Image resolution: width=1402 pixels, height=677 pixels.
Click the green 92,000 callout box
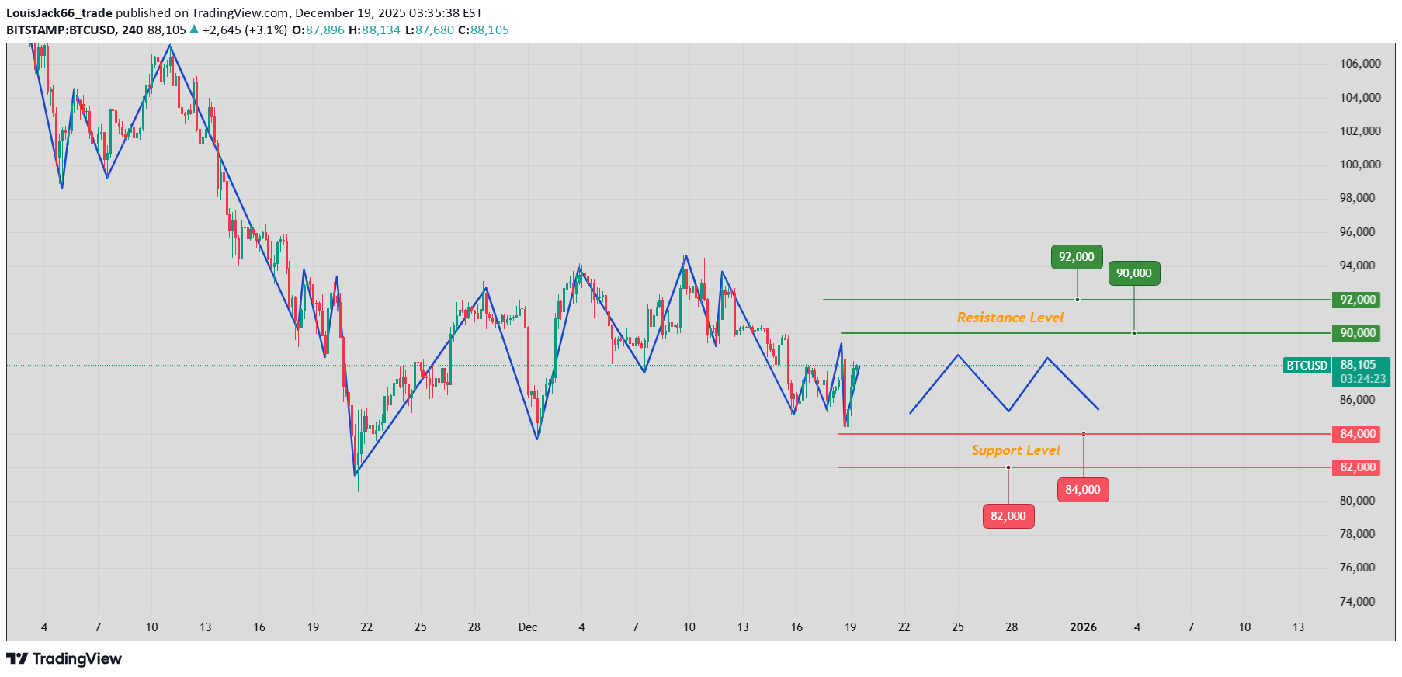click(1077, 257)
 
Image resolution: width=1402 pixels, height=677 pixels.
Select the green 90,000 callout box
click(1134, 273)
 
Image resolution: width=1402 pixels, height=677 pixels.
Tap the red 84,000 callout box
click(1083, 490)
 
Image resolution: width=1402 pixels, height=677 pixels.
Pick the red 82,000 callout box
click(1008, 516)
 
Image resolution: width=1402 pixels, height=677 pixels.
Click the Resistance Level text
click(1010, 318)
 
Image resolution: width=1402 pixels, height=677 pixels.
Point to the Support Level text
click(1015, 450)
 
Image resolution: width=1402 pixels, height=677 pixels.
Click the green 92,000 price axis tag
click(1357, 300)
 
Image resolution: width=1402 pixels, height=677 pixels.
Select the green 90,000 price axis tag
click(1357, 333)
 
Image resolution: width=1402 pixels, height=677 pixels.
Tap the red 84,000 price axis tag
click(1357, 434)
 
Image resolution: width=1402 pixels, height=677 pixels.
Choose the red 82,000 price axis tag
click(1357, 467)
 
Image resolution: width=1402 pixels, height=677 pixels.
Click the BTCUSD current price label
click(1307, 366)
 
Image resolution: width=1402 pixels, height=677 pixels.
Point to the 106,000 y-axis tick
click(1360, 64)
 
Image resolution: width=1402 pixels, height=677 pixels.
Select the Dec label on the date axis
click(528, 627)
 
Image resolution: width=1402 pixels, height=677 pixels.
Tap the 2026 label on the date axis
click(1083, 627)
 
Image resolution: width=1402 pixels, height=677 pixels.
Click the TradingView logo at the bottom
click(64, 659)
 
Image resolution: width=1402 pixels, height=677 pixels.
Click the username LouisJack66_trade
click(59, 13)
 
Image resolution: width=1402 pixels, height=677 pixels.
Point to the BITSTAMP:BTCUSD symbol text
click(61, 30)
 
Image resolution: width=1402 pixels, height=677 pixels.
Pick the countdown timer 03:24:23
click(1363, 379)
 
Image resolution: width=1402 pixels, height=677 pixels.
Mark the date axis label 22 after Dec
click(904, 627)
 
